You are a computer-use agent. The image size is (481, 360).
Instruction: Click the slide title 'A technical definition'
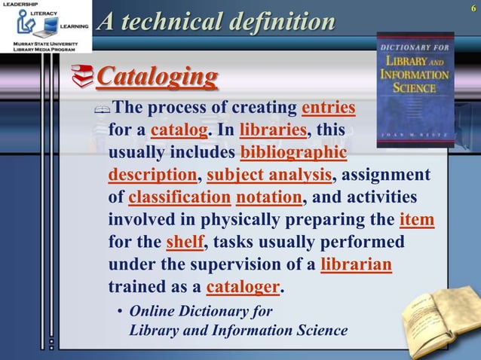point(216,21)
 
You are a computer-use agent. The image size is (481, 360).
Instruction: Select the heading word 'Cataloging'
point(158,76)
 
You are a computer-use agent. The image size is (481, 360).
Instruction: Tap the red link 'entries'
point(328,108)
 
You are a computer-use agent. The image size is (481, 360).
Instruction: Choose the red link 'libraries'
point(273,130)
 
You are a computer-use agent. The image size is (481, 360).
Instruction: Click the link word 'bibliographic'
point(293,153)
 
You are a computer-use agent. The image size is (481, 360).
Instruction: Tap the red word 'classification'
point(179,198)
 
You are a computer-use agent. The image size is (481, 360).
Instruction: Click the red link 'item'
point(416,221)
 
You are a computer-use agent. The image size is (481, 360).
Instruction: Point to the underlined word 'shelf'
point(184,243)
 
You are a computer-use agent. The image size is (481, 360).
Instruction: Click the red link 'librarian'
point(356,266)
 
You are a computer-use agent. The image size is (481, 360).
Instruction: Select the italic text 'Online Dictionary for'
point(201,311)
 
